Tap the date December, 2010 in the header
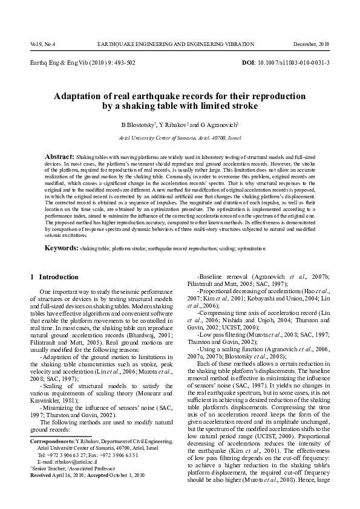pos(311,44)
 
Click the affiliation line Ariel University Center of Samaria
pos(180,138)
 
